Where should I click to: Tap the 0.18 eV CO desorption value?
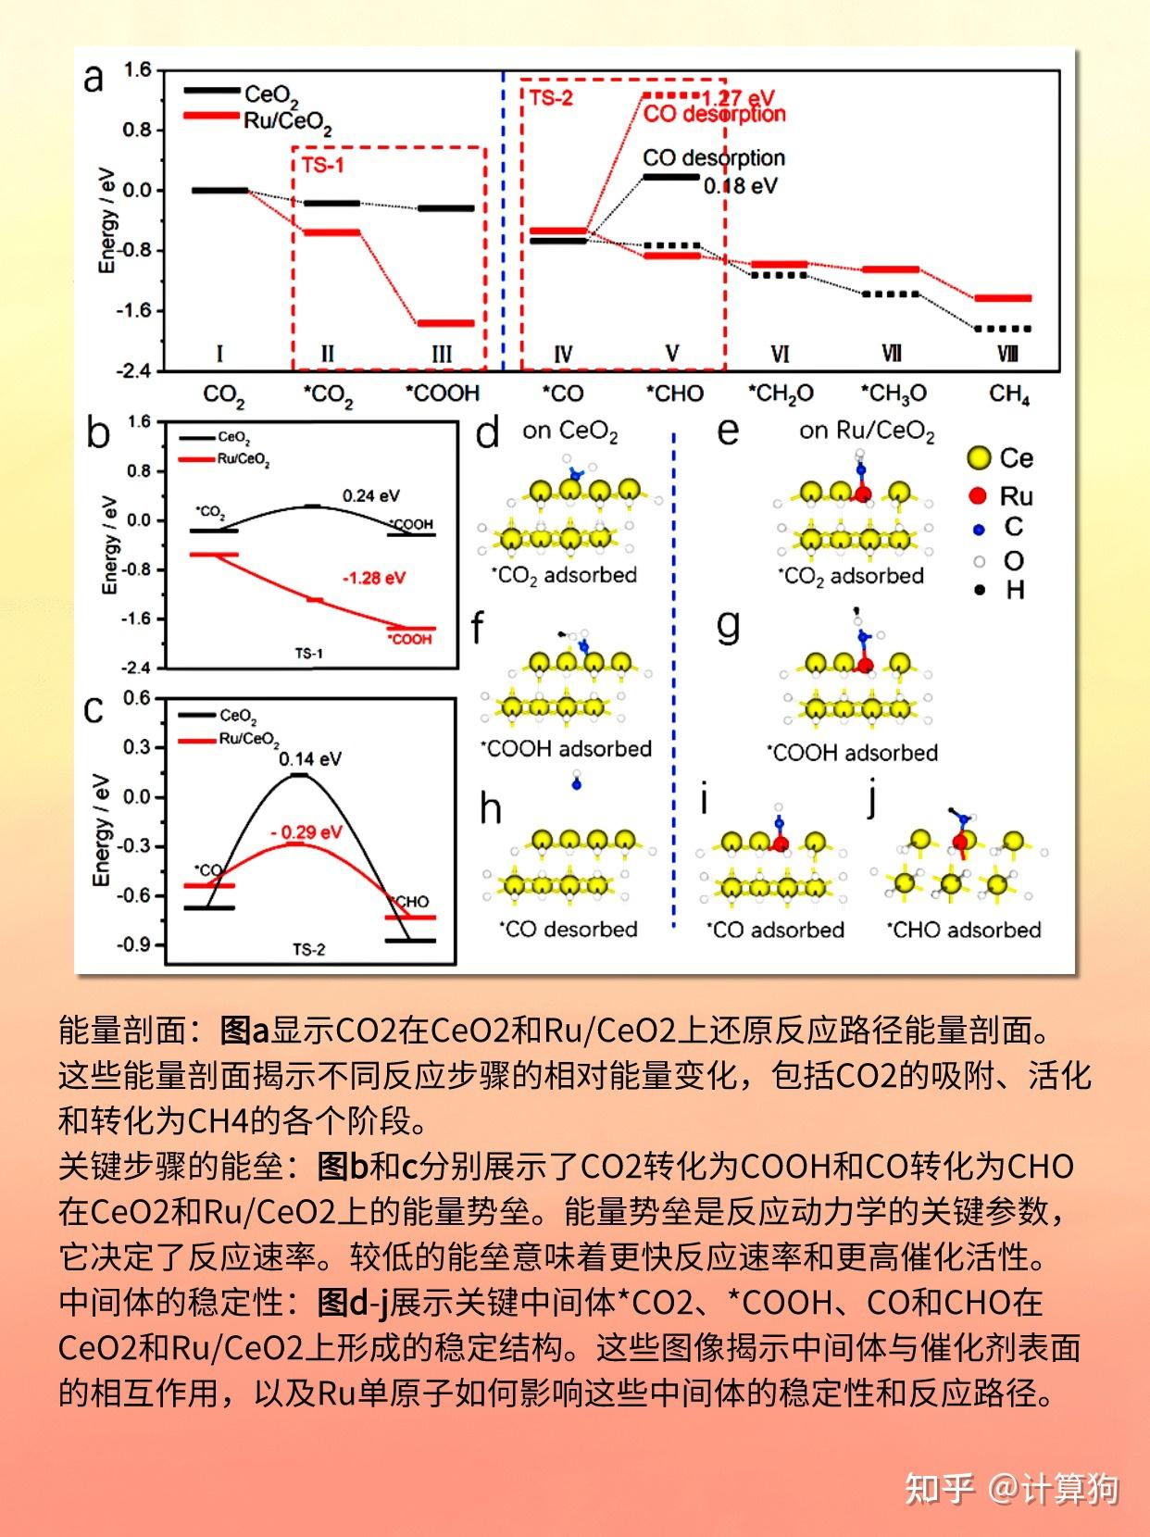coord(740,186)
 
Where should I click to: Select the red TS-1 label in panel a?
coord(322,165)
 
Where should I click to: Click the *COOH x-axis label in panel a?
coord(443,394)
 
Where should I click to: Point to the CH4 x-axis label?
coord(1008,394)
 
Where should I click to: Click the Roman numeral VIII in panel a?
coord(1007,354)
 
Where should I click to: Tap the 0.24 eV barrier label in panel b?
coord(370,495)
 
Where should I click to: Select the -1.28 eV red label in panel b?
coord(374,578)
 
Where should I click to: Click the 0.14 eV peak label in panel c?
coord(310,759)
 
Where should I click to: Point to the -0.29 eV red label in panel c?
coord(306,832)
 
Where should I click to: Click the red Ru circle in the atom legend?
coord(977,495)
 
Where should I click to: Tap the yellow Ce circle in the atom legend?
coord(978,457)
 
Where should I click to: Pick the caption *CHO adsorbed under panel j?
coord(964,930)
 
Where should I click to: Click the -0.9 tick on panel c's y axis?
coord(133,944)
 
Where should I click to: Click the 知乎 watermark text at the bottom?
coord(939,1489)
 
